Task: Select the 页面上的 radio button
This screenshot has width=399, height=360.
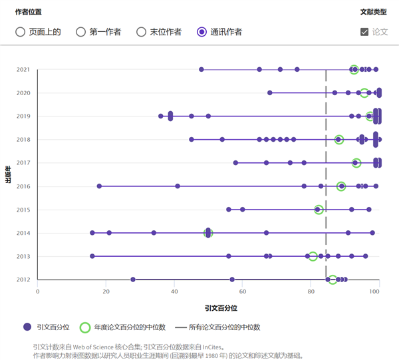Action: tap(20, 32)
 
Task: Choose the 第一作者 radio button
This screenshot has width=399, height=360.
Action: tap(81, 32)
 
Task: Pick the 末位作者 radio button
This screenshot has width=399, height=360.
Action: tap(141, 32)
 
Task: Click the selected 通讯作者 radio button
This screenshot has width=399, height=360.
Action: tap(202, 32)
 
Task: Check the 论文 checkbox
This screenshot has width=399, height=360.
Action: tap(364, 32)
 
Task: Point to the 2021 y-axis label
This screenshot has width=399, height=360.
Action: tap(23, 70)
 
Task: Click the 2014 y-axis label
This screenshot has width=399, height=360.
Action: tap(23, 233)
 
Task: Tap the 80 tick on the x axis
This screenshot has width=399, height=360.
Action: tap(311, 291)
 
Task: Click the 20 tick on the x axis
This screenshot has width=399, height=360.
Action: tap(106, 291)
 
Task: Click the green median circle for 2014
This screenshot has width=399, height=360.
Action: tap(208, 233)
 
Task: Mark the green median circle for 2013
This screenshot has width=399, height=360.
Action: tap(313, 256)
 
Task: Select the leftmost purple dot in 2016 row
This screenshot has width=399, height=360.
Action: tap(99, 186)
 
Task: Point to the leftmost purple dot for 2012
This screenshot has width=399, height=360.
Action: tap(133, 279)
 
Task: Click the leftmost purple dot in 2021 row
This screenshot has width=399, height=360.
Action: tap(201, 70)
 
